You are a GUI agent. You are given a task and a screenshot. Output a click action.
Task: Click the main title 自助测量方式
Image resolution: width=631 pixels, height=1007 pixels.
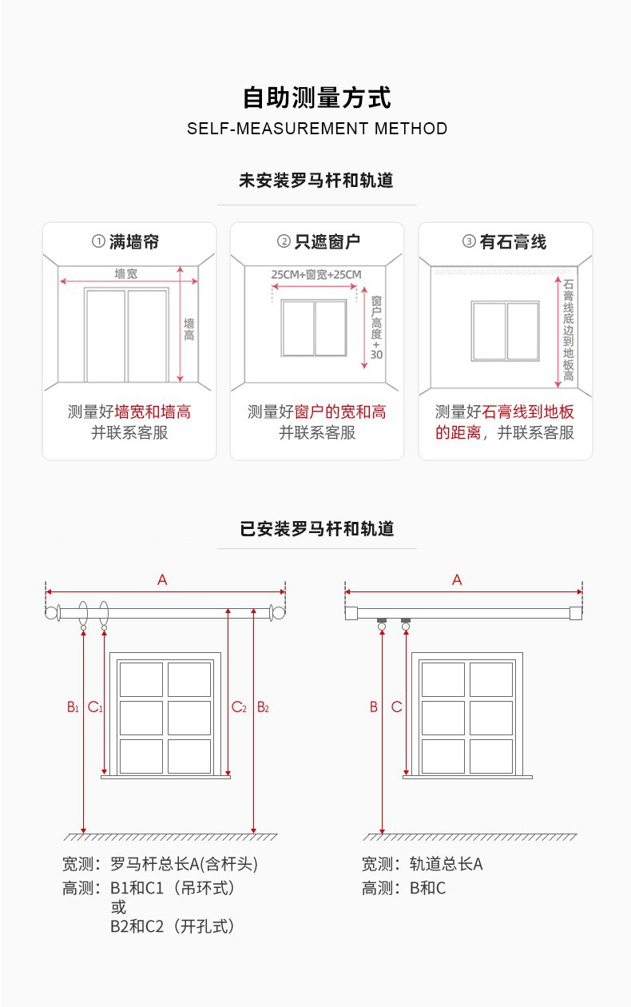[317, 98]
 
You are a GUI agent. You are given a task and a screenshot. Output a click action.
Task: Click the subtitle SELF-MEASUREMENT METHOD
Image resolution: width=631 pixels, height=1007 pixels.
[317, 129]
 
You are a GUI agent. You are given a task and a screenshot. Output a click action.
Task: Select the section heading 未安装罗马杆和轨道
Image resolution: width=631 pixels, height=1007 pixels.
[316, 181]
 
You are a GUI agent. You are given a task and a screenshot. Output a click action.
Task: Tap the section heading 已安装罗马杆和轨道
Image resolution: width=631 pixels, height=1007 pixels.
[317, 529]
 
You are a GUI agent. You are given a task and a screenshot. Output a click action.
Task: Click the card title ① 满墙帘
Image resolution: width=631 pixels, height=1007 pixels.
[130, 241]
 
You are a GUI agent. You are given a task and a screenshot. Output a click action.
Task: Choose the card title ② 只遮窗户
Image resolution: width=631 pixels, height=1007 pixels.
[318, 241]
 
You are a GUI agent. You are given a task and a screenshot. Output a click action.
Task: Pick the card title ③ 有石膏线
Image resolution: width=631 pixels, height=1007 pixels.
[505, 241]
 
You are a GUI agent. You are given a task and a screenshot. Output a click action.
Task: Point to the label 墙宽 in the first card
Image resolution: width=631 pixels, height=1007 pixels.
[126, 273]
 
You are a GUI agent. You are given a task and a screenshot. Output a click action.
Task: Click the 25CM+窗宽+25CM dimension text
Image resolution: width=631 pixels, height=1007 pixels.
[316, 274]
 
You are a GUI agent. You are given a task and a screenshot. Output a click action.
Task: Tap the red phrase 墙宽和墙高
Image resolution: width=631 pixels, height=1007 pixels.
[153, 412]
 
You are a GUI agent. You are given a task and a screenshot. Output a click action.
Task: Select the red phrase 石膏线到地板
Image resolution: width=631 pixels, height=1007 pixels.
[528, 412]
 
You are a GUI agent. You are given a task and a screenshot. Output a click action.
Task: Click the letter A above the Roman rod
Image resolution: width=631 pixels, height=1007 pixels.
[162, 580]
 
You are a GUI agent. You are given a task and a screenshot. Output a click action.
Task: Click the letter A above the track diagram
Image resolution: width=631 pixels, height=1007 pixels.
[457, 580]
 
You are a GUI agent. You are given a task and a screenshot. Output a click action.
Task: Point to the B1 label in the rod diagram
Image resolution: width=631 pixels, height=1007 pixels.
[73, 706]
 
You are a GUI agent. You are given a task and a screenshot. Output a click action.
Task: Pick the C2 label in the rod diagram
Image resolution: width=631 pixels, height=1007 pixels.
[239, 706]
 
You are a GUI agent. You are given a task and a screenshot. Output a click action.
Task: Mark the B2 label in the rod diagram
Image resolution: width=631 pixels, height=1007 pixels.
[263, 706]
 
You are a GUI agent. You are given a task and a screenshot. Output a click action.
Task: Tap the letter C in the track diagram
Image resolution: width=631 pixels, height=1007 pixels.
[396, 706]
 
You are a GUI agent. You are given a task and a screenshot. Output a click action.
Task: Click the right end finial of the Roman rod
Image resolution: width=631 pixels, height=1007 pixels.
[278, 613]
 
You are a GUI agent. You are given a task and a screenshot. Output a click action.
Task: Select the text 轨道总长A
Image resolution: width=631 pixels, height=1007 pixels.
[446, 864]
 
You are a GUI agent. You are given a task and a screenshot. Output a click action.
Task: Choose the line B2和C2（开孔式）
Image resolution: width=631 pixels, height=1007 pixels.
[173, 926]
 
